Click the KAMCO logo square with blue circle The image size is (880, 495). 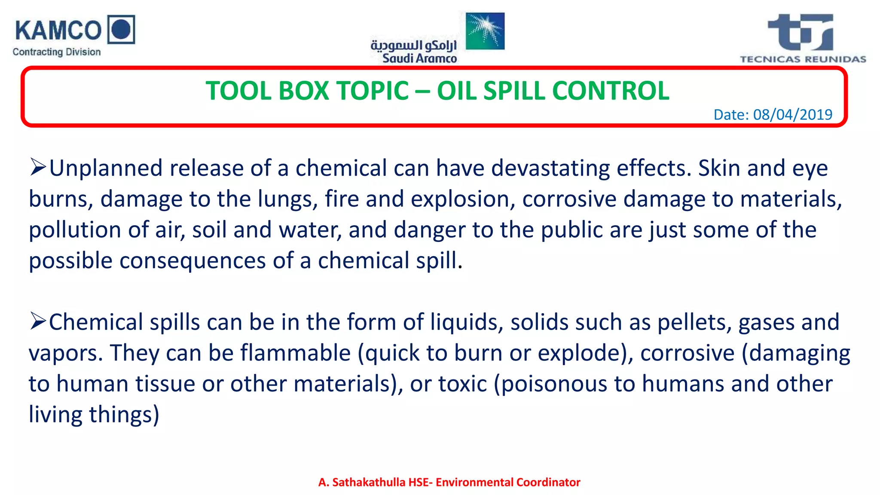[121, 30]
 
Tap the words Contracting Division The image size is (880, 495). [57, 52]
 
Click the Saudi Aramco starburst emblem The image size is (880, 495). [485, 31]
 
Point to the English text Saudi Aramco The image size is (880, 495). [419, 58]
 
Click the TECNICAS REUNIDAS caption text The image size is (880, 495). [803, 59]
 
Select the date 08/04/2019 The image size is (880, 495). [793, 115]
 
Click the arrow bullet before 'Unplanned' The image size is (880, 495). [38, 167]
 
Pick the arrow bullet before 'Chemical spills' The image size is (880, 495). [38, 321]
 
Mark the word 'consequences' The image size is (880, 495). [192, 261]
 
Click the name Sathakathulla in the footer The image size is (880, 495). [369, 483]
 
